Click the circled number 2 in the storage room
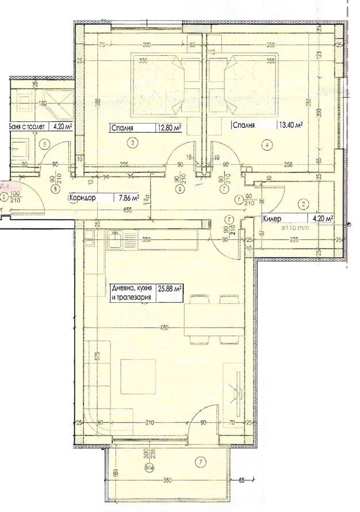304,203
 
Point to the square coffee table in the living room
137,376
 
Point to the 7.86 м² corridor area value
128,198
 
